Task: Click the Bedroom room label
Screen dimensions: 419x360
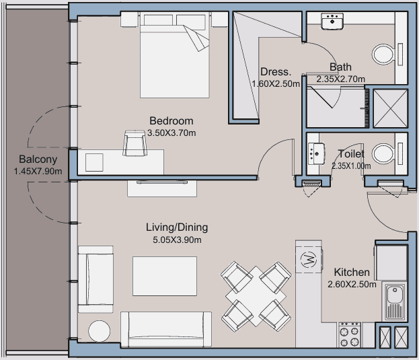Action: [172, 121]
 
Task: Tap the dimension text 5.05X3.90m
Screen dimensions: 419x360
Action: [177, 240]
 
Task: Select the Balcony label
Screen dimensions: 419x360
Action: [38, 159]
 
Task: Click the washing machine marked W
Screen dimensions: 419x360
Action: [309, 259]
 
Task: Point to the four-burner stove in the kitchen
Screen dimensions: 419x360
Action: [349, 335]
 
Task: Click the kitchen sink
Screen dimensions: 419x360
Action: [394, 302]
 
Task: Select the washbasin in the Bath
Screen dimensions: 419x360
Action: [332, 21]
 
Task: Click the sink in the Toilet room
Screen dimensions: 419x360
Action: [316, 153]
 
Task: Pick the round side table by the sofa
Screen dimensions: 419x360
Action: [99, 331]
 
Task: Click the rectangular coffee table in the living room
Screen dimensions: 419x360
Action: [165, 276]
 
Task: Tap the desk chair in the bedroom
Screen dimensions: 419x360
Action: [135, 143]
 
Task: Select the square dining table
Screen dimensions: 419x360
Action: [256, 296]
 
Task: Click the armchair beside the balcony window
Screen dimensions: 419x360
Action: [96, 279]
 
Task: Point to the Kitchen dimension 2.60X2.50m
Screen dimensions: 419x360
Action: [352, 284]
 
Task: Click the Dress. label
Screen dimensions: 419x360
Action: [276, 72]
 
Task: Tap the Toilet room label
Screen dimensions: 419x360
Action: [351, 154]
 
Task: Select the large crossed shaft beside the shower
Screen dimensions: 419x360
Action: [390, 108]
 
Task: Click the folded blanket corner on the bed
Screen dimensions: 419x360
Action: [196, 38]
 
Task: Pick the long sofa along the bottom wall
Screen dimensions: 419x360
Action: [166, 329]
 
